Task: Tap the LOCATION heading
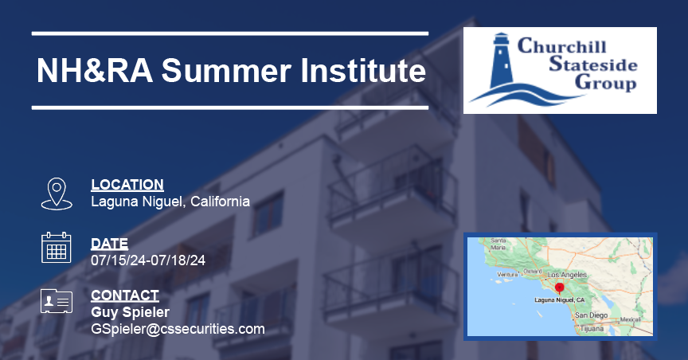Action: (x=127, y=185)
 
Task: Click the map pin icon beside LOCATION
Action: (x=57, y=194)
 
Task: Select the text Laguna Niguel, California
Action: (x=170, y=202)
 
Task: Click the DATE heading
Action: (x=109, y=244)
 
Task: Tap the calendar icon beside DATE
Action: (x=57, y=248)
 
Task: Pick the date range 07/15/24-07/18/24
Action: (x=148, y=260)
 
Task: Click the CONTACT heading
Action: (x=125, y=295)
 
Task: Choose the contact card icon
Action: (x=57, y=302)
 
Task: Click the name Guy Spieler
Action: (x=130, y=311)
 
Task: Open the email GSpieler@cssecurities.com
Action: (x=178, y=328)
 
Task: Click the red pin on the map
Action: (x=559, y=288)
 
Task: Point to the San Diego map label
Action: (x=591, y=315)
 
